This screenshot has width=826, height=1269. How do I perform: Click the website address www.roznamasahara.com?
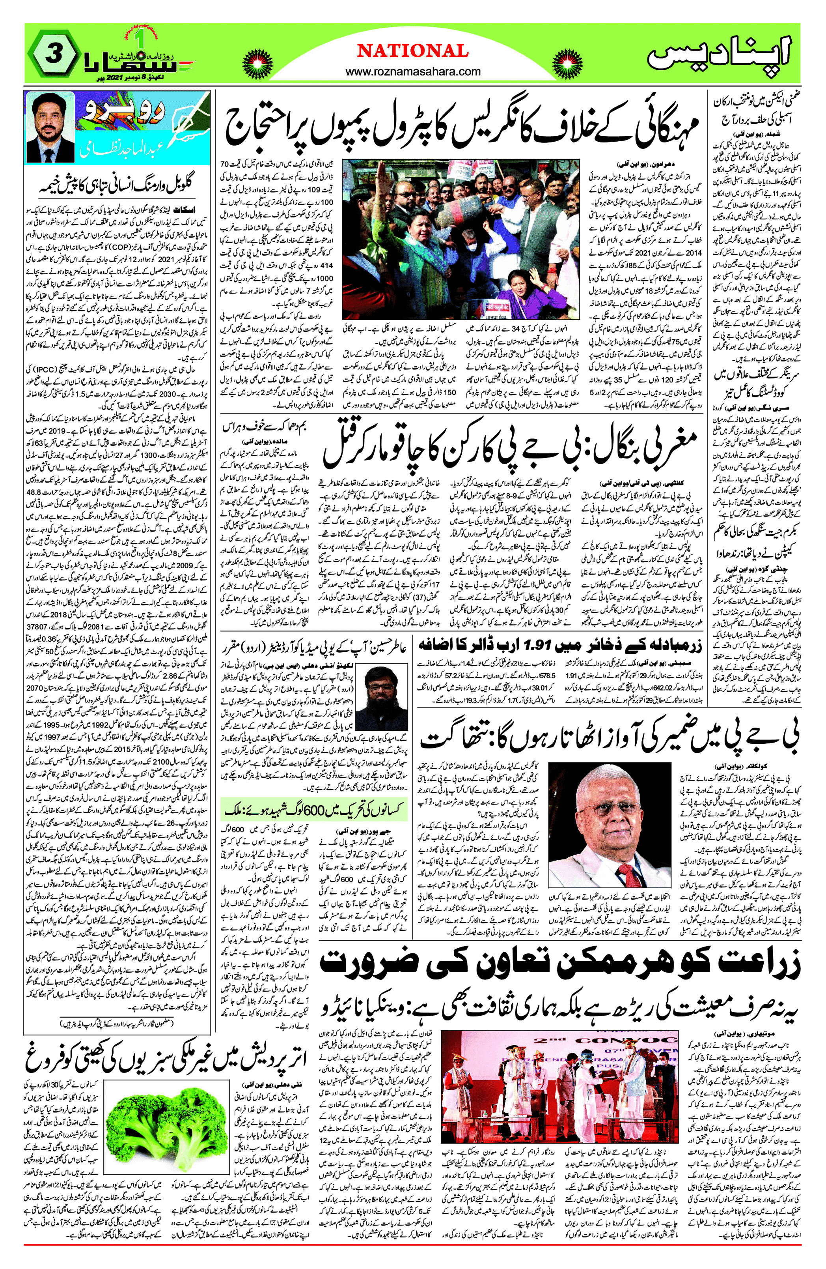pyautogui.click(x=413, y=71)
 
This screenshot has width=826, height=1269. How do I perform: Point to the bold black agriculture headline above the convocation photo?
pyautogui.click(x=559, y=963)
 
